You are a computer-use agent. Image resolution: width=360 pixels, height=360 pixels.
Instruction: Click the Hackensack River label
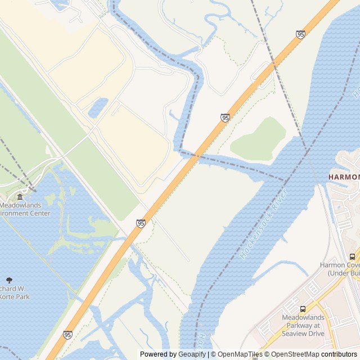[264, 224]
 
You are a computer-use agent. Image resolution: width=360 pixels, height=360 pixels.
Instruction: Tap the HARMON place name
[344, 177]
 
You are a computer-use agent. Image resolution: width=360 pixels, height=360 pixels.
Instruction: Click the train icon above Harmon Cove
[352, 256]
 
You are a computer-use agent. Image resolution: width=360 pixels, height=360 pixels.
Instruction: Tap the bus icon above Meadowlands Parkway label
[303, 309]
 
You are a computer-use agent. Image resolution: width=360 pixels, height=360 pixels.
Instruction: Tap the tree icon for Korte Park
[9, 280]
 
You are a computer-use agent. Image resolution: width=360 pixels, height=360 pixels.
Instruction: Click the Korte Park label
[12, 292]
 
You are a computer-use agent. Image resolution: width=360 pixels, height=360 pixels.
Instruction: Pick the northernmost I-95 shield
[300, 34]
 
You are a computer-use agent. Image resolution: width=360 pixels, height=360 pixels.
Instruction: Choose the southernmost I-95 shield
[67, 335]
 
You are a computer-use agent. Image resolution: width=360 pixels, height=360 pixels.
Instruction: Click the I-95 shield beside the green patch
[225, 118]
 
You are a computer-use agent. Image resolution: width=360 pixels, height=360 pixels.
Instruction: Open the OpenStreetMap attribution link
[293, 354]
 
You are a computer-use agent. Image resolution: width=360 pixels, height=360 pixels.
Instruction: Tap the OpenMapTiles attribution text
[240, 354]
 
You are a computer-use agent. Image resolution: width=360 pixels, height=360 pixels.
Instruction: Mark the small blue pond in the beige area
[98, 107]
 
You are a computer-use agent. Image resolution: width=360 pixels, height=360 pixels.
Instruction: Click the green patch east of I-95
[260, 139]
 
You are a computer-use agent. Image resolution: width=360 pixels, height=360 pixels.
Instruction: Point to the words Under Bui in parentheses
[343, 273]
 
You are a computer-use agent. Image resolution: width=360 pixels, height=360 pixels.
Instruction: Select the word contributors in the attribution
[339, 354]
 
